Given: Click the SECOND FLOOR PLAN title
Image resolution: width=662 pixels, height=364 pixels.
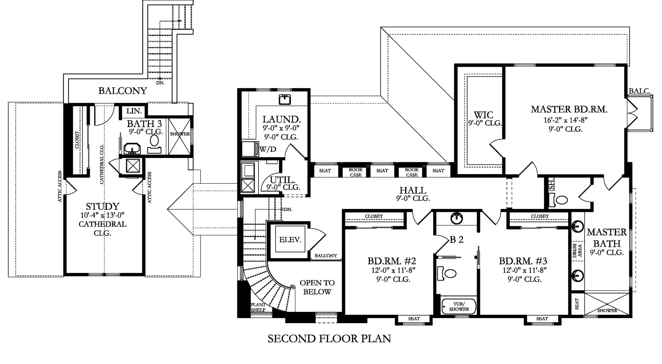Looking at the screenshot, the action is [329, 338].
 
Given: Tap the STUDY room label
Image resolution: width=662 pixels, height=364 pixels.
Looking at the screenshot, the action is [103, 206].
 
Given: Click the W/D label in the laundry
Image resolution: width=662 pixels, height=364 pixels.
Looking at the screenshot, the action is [268, 149].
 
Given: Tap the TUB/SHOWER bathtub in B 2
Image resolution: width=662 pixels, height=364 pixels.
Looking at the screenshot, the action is [459, 306].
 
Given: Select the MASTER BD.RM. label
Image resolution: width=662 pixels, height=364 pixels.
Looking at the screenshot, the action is [569, 109].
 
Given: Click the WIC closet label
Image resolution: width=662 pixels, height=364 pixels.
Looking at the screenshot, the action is [483, 115].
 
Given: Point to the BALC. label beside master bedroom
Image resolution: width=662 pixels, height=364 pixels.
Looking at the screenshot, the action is [639, 91].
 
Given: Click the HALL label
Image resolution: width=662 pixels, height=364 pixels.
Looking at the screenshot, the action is [413, 190].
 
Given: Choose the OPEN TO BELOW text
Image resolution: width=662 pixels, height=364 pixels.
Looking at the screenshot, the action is [317, 287].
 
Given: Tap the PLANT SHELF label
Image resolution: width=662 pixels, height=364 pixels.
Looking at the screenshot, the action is [258, 307].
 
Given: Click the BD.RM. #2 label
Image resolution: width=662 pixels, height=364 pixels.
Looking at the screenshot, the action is [392, 261].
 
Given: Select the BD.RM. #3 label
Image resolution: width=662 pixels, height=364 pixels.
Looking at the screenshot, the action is [523, 261].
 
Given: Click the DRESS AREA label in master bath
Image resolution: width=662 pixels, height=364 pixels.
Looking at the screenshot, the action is [577, 250].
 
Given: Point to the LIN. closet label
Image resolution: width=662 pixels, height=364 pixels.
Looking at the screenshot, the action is [134, 111].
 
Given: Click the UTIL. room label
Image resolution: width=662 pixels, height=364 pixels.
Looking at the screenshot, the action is [282, 180].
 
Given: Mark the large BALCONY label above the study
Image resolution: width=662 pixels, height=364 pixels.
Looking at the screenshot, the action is [122, 91].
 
